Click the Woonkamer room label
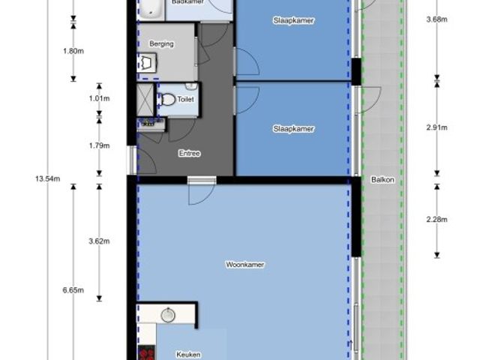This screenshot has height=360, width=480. [x=245, y=265]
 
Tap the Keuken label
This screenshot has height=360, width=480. [x=188, y=355]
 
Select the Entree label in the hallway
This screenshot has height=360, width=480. [x=190, y=153]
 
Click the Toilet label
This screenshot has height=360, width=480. [x=185, y=99]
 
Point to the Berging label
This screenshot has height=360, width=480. [x=162, y=44]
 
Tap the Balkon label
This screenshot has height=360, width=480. [x=382, y=180]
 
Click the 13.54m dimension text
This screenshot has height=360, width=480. [x=48, y=178]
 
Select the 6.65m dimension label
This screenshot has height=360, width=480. [x=73, y=290]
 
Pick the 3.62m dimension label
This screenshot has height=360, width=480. [x=99, y=241]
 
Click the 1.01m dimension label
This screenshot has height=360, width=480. [x=99, y=98]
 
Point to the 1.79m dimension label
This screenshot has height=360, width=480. [x=99, y=145]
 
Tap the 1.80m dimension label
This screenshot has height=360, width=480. [x=73, y=51]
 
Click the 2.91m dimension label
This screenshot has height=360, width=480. [x=436, y=127]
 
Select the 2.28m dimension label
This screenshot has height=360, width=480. [x=436, y=219]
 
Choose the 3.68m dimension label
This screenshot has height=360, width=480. [x=436, y=19]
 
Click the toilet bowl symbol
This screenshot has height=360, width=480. [x=166, y=100]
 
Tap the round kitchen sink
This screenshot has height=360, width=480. [x=168, y=315]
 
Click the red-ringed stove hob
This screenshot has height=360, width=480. [x=146, y=352]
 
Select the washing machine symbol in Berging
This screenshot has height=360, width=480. [x=147, y=62]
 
